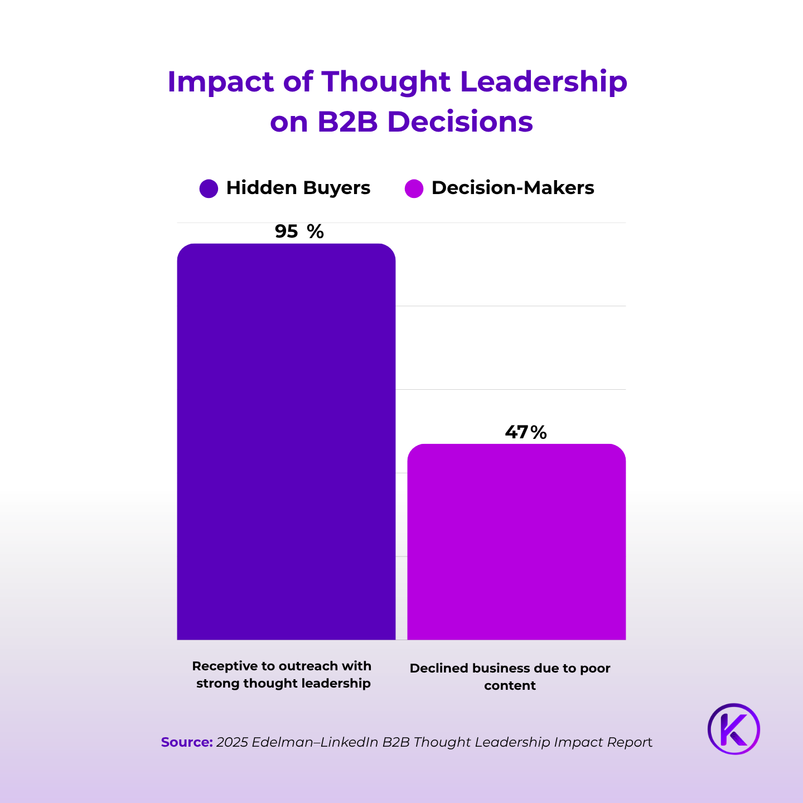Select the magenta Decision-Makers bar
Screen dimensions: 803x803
[x=516, y=541]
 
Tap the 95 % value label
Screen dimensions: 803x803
[x=299, y=231]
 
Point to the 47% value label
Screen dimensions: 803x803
[x=525, y=432]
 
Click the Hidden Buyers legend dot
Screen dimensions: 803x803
[x=209, y=188]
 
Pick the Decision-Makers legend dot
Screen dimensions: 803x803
[x=414, y=188]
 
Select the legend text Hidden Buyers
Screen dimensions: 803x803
[x=298, y=188]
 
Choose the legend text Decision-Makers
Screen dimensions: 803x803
[x=512, y=188]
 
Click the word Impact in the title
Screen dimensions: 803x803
[x=221, y=83]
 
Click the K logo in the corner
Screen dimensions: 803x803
[x=734, y=729]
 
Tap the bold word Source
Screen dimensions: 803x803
[x=187, y=742]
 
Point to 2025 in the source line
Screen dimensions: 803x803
[x=232, y=742]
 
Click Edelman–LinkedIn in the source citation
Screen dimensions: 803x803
[x=315, y=742]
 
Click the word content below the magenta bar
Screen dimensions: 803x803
[x=510, y=685]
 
